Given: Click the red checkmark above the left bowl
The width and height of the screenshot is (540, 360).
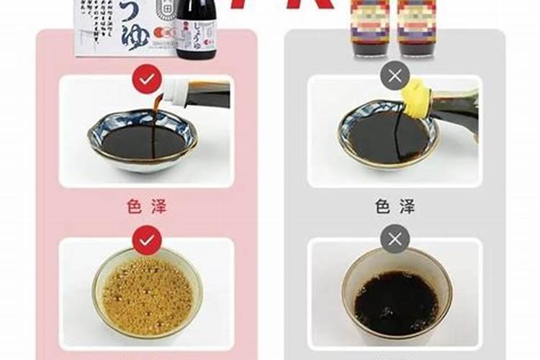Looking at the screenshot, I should tap(147, 79).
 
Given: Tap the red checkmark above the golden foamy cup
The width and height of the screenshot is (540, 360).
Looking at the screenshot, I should tap(147, 240).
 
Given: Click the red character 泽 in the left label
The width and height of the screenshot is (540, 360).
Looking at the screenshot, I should tap(161, 207).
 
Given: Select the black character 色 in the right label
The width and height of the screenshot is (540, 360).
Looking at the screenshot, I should tap(381, 207).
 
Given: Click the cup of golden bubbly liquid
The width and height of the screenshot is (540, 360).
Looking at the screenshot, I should tap(147, 292).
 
